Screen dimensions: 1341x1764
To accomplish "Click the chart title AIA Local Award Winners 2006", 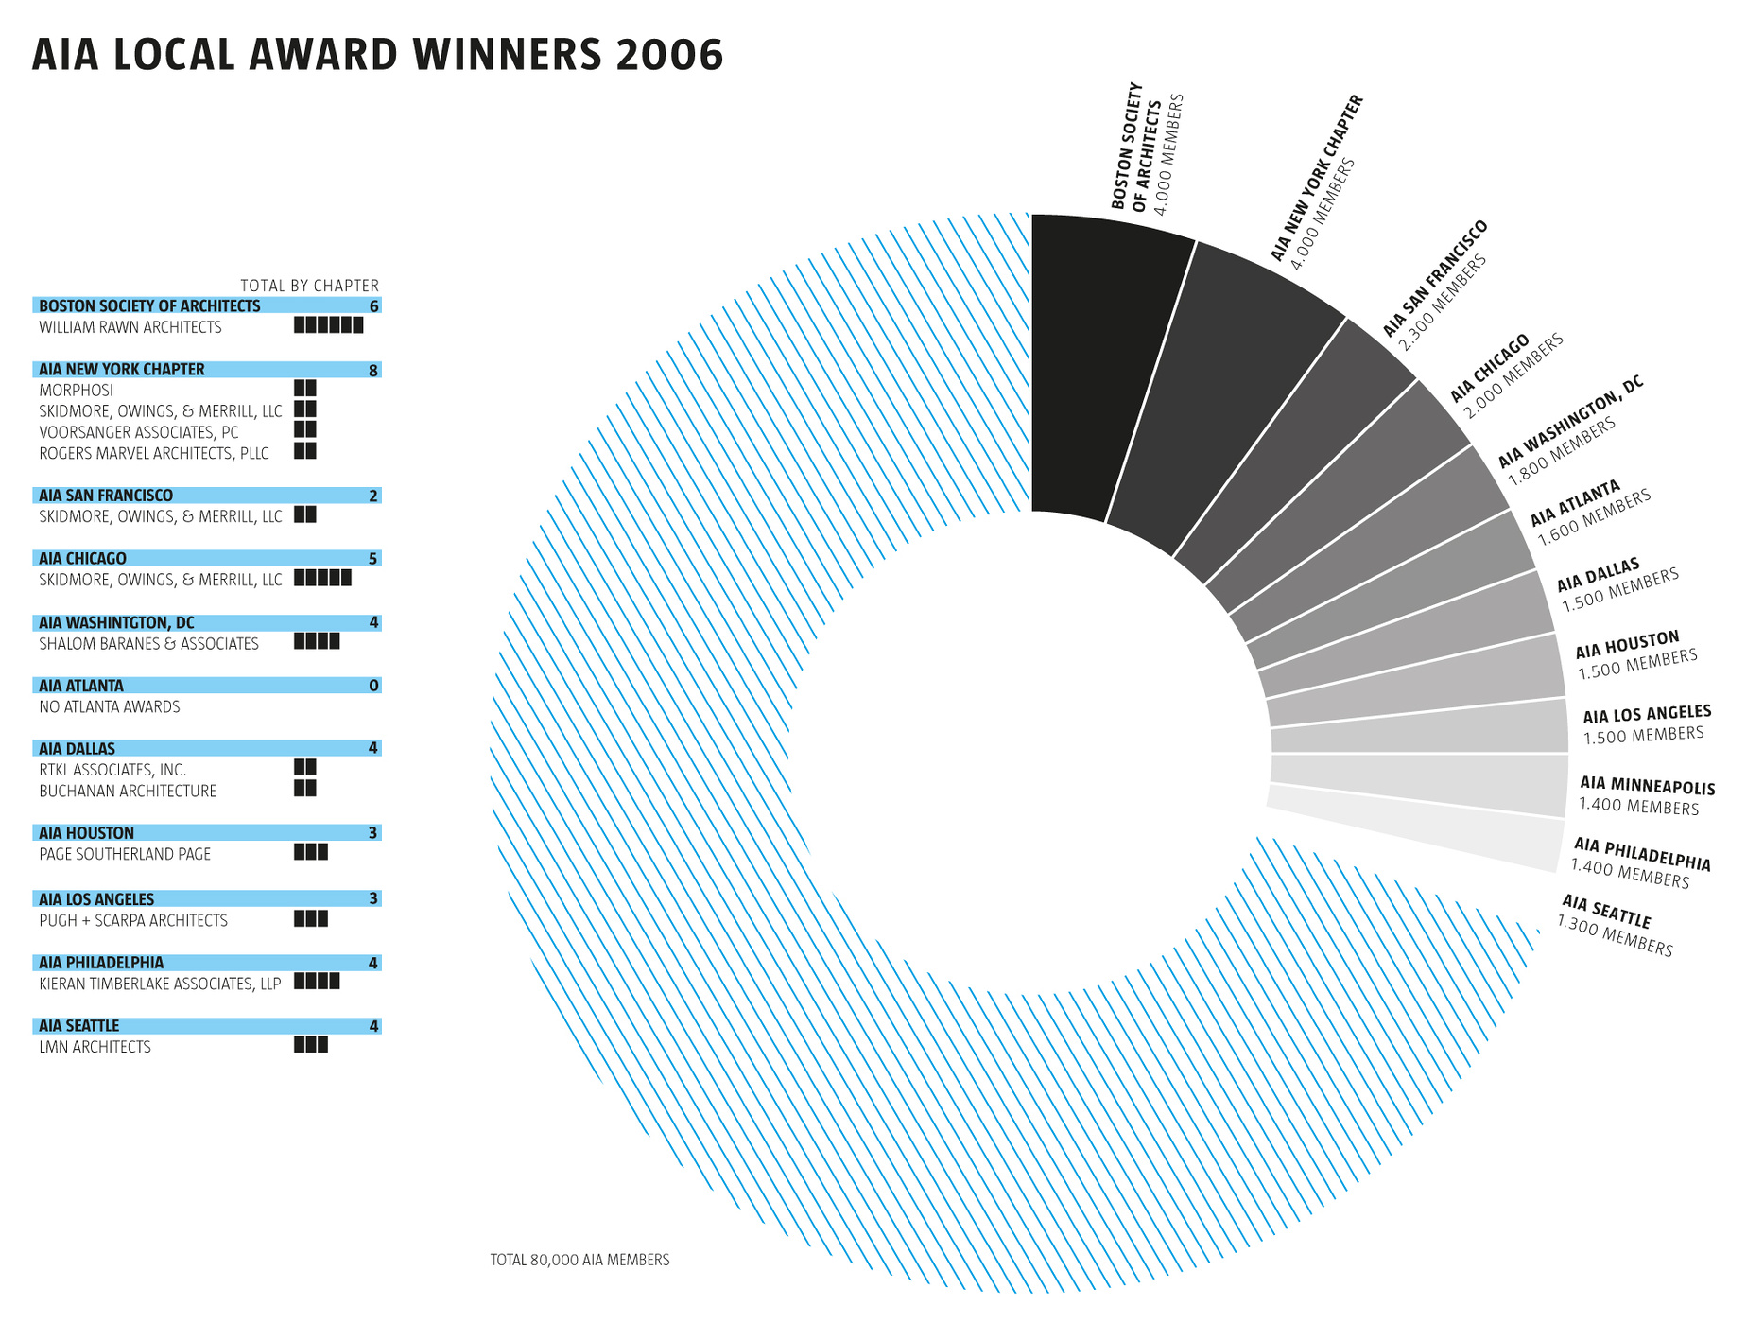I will [377, 55].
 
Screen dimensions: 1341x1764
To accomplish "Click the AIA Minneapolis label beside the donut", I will [1647, 795].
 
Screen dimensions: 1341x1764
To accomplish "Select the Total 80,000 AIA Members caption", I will [579, 1260].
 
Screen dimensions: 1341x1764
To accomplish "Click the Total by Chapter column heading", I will [309, 286].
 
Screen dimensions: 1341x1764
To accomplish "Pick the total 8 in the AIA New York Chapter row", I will [373, 370].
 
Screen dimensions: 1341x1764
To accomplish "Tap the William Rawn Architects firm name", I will [130, 327].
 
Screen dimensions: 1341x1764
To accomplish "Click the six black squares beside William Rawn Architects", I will [328, 325].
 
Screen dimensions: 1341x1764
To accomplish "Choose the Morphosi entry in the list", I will [77, 391].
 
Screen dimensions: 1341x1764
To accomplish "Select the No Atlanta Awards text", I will [110, 707].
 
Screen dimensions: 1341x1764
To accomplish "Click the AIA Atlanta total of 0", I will [373, 686].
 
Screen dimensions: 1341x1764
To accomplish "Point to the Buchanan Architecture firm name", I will [128, 792].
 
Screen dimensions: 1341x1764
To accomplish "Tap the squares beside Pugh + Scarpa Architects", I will [311, 918].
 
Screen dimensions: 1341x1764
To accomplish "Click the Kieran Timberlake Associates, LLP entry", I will [160, 984].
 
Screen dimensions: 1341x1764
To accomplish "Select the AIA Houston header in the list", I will [87, 833].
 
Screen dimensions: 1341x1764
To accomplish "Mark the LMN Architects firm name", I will [95, 1048].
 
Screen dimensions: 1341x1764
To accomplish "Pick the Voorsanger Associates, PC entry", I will [139, 433].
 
